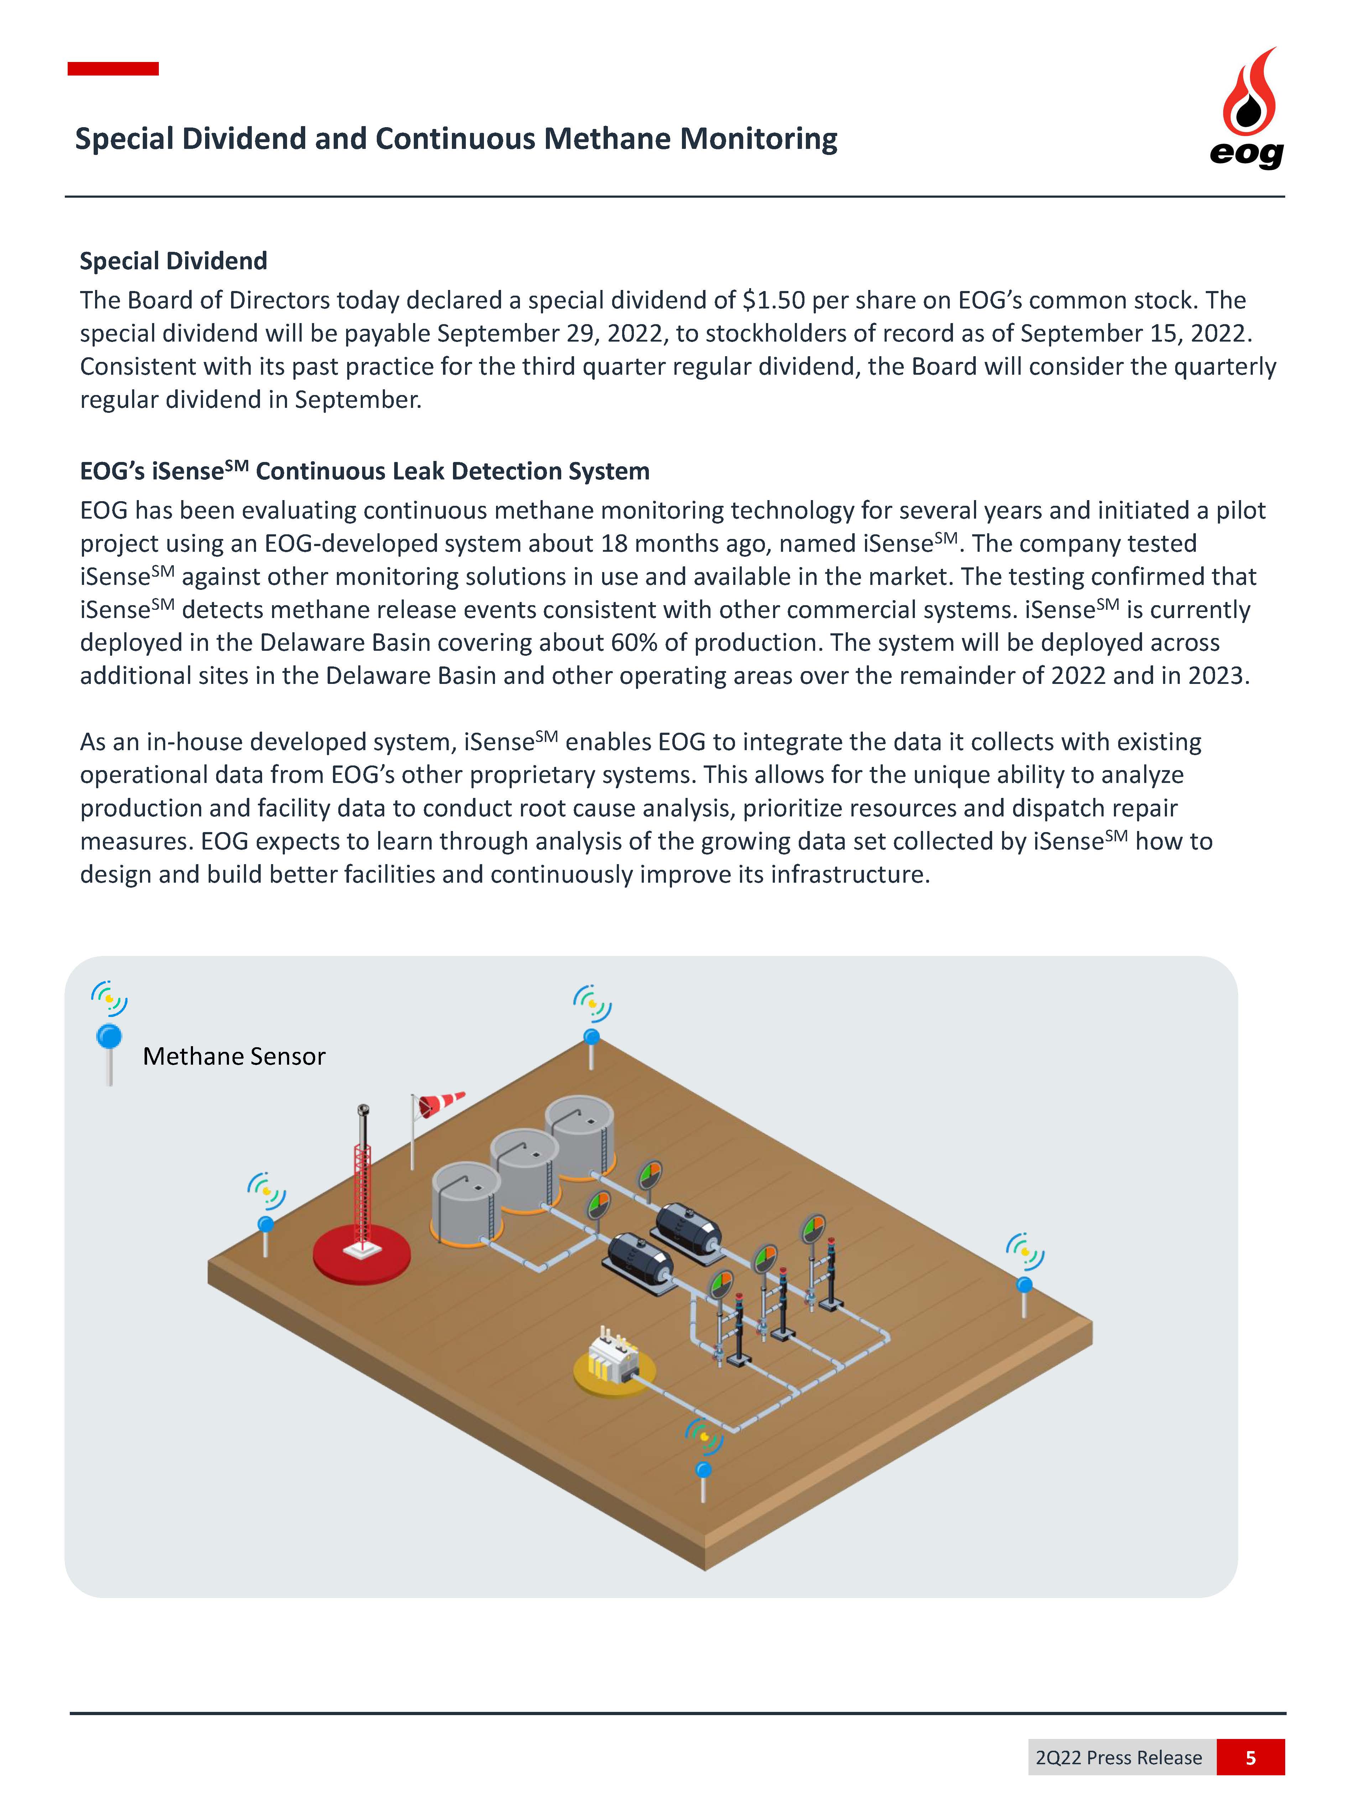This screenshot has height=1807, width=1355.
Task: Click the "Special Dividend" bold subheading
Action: [173, 261]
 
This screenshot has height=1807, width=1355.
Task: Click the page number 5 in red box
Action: [1250, 1757]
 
